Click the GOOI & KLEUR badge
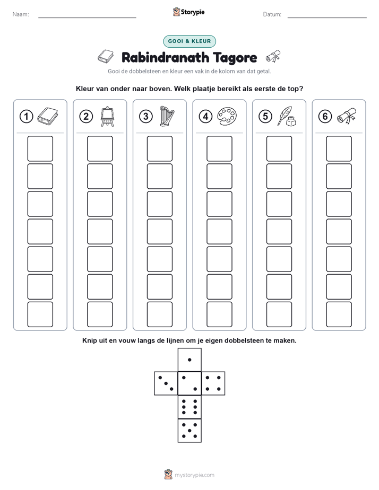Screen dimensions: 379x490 click(x=189, y=41)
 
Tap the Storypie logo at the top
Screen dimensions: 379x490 click(x=188, y=12)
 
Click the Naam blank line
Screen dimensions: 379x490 click(x=87, y=17)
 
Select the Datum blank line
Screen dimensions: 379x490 click(x=327, y=17)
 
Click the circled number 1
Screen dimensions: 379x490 click(x=26, y=117)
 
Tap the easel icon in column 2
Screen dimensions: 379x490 click(x=107, y=117)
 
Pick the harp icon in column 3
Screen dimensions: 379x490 click(x=167, y=116)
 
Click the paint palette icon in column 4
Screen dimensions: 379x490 click(x=227, y=116)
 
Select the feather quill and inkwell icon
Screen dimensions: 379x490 click(x=287, y=116)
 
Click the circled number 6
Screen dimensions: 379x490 click(x=325, y=117)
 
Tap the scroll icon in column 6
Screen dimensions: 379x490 click(x=347, y=116)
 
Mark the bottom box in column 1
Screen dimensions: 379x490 click(x=40, y=314)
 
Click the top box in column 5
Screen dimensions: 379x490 click(x=279, y=148)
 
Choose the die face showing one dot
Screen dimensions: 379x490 click(x=189, y=360)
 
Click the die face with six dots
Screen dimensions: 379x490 click(x=189, y=407)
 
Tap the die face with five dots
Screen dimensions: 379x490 click(x=189, y=431)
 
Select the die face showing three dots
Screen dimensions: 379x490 click(x=166, y=383)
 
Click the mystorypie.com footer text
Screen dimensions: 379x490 click(x=194, y=475)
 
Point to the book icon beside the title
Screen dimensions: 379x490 click(x=106, y=57)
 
